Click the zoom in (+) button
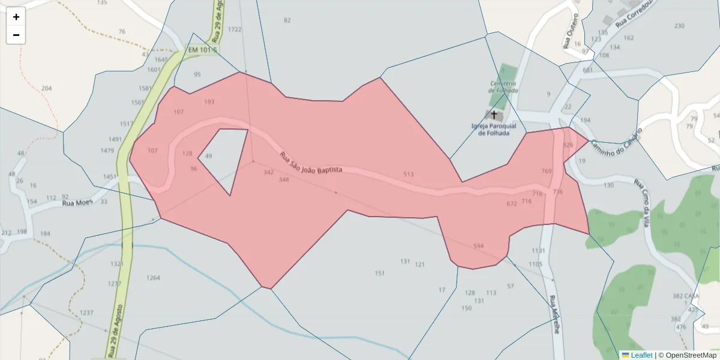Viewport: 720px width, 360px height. tap(16, 17)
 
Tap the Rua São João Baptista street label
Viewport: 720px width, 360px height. tap(310, 163)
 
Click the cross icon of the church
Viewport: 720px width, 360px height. tap(494, 114)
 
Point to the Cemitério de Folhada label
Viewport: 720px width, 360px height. tap(503, 86)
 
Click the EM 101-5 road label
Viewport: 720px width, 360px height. tap(202, 50)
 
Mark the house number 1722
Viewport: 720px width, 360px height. tap(235, 29)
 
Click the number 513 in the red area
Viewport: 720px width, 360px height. tap(409, 175)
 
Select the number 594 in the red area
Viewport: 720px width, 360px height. tap(478, 247)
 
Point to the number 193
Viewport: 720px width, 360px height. tap(209, 102)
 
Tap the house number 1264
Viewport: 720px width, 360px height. tap(153, 278)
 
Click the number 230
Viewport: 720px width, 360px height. tap(679, 26)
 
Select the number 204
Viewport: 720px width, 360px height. tap(46, 89)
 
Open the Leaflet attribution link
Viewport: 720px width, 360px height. tap(641, 355)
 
